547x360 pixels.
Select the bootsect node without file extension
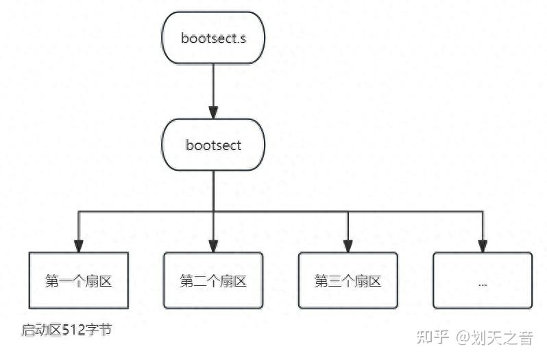pos(212,145)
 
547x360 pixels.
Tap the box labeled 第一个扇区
pos(79,280)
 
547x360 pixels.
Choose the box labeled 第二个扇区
pos(213,280)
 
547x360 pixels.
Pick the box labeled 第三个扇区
pos(348,280)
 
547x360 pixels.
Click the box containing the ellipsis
pos(483,280)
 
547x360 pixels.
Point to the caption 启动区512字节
pos(66,330)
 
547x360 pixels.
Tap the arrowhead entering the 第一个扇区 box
pos(79,246)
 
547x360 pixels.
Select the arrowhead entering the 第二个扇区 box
pos(213,246)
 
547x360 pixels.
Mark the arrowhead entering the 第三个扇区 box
pos(348,246)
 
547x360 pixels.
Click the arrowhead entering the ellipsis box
pos(483,246)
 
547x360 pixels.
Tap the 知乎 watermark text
pos(433,337)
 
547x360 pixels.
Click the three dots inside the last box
pos(483,283)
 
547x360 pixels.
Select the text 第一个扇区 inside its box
pos(79,280)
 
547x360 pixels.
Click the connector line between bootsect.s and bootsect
pos(212,86)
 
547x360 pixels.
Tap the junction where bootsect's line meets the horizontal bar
pos(213,211)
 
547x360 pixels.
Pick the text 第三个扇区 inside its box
pos(348,280)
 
